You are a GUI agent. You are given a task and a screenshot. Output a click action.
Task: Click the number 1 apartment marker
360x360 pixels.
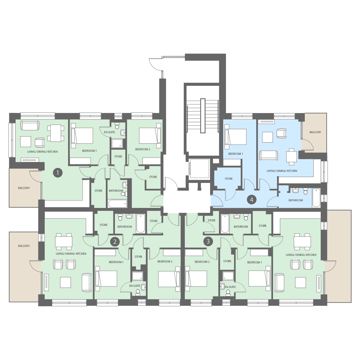(58, 173)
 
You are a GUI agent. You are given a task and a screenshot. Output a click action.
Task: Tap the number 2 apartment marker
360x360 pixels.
(115, 242)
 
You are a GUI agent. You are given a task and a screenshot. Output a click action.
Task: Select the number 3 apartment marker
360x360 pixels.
(208, 241)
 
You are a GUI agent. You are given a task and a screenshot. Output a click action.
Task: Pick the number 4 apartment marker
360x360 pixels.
(252, 200)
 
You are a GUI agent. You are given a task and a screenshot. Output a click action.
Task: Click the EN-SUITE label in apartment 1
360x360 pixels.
(109, 132)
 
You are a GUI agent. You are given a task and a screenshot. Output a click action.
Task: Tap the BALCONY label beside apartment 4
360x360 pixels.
(315, 132)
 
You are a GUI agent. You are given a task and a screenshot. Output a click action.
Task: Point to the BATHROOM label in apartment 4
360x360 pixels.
(296, 200)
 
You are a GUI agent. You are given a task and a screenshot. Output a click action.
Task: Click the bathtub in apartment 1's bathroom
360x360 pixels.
(118, 203)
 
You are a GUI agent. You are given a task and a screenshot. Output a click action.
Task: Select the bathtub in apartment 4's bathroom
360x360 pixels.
(316, 198)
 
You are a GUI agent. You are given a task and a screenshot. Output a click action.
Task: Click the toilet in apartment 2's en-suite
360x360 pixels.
(138, 292)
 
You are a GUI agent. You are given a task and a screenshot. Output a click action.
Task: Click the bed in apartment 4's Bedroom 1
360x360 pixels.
(235, 137)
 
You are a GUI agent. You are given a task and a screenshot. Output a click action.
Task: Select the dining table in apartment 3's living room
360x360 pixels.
(302, 241)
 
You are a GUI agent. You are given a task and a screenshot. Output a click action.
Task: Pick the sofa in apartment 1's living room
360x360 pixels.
(30, 125)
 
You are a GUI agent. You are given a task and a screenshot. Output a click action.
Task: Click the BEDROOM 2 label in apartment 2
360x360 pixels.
(165, 262)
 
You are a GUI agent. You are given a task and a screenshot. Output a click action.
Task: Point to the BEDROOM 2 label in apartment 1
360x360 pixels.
(143, 149)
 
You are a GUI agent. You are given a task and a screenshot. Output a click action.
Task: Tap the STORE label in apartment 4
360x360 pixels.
(229, 179)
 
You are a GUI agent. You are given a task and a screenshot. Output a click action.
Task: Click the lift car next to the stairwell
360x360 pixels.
(199, 169)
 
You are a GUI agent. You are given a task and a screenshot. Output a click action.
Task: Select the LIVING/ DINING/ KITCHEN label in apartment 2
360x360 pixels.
(71, 254)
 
